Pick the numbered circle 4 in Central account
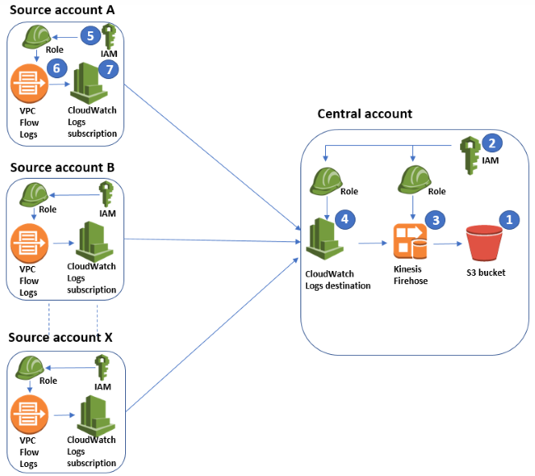click(346, 220)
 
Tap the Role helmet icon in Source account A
click(34, 37)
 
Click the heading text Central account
click(365, 113)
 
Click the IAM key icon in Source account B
click(105, 195)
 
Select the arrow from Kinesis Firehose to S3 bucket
click(447, 244)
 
